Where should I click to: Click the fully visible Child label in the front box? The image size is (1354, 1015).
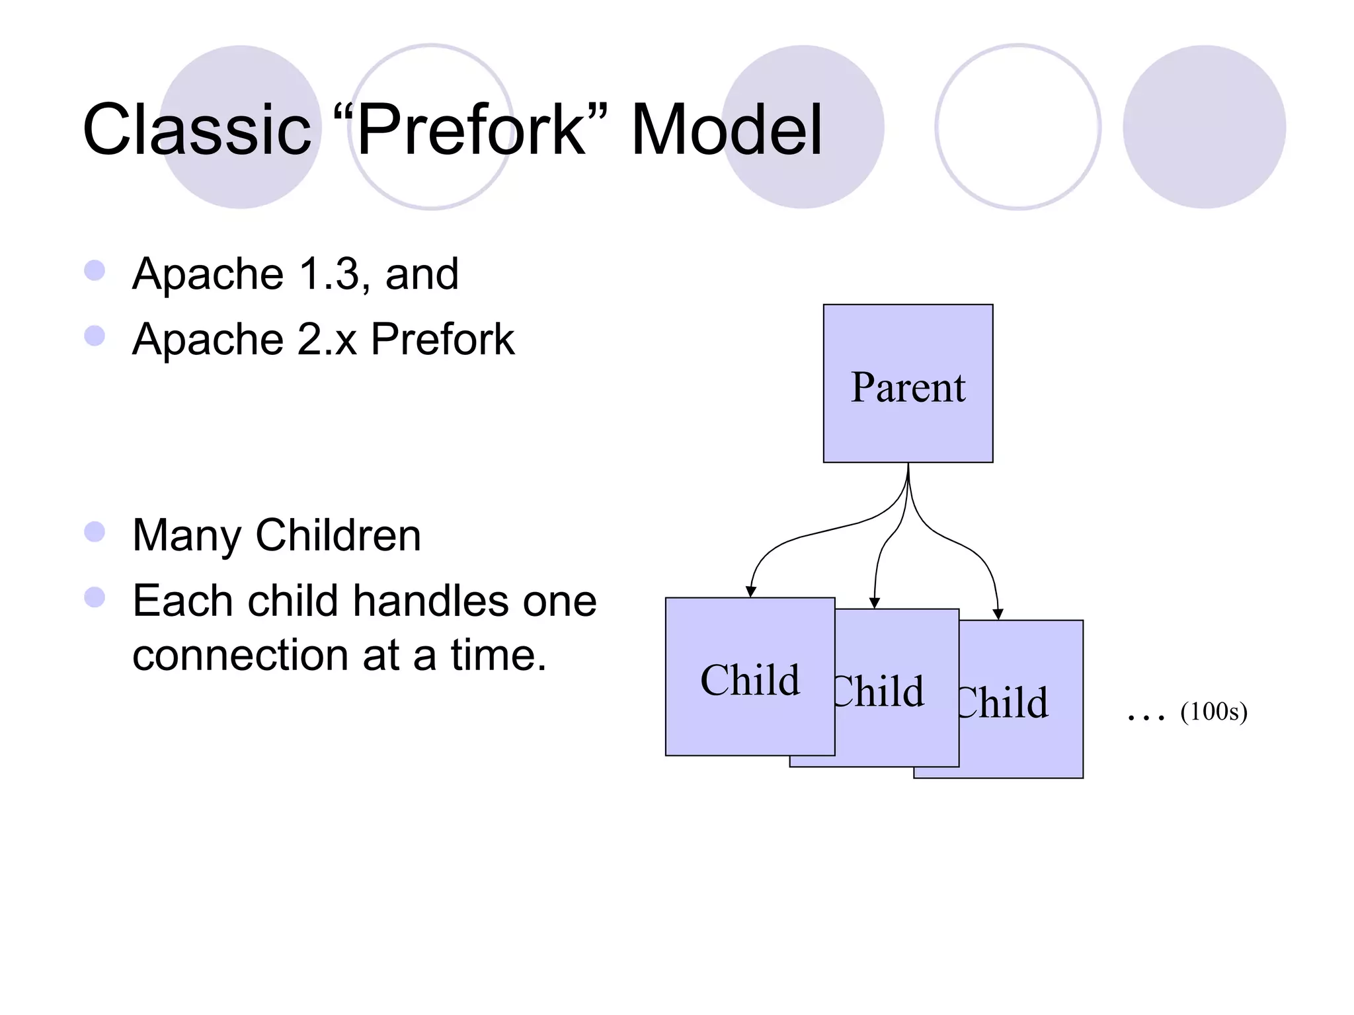coord(750,681)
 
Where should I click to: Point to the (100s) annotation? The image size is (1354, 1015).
coord(1214,712)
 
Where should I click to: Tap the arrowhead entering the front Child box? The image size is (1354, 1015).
coord(750,591)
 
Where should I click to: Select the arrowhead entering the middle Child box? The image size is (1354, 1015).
coord(874,603)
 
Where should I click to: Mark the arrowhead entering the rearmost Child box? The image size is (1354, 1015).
coord(998,614)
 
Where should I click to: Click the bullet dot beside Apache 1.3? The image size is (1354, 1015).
coord(95,270)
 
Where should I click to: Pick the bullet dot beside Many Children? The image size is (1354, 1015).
coord(95,532)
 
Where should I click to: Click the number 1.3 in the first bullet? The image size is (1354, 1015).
coord(329,274)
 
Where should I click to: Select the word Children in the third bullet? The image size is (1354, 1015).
coord(338,535)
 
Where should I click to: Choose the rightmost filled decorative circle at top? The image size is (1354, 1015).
coord(1204,127)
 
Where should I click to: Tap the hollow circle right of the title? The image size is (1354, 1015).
coord(1017,127)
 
